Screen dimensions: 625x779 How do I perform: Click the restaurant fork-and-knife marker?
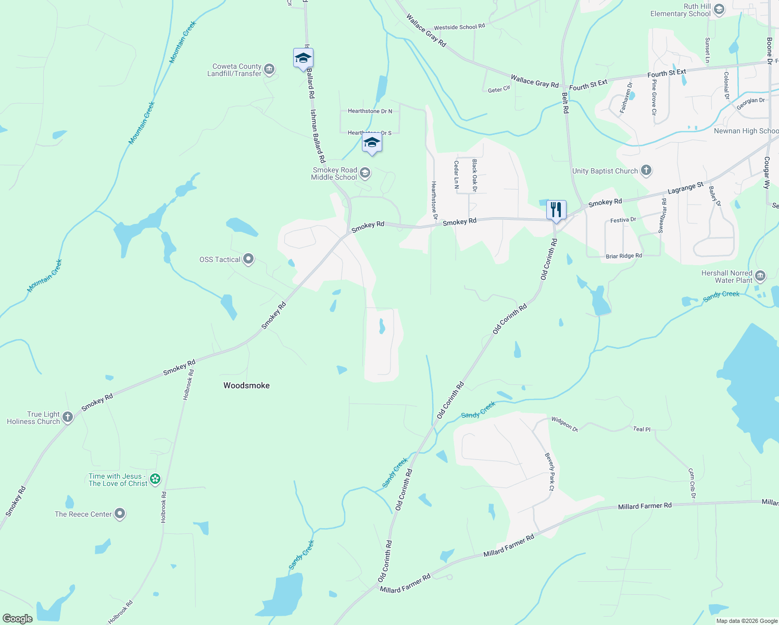(556, 210)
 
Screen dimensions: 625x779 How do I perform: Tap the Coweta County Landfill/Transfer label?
(234, 70)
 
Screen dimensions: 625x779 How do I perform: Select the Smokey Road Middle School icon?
(366, 173)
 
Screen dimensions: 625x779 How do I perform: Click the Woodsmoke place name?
(246, 385)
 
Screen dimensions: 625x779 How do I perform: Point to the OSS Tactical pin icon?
(248, 259)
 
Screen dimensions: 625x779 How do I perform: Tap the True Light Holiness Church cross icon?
(68, 417)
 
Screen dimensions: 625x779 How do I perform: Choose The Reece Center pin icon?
(120, 514)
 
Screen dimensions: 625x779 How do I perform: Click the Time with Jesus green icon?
(155, 479)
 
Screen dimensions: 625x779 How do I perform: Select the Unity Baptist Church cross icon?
(646, 170)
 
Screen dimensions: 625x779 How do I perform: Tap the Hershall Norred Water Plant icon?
(760, 276)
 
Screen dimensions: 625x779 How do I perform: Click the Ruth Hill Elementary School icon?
(719, 9)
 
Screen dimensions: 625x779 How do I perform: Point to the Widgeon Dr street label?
(564, 424)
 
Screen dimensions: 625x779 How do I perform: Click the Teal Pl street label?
(642, 429)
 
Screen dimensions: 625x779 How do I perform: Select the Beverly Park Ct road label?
(549, 471)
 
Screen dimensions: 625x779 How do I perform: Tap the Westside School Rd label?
(459, 27)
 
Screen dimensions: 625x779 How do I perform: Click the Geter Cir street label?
(499, 90)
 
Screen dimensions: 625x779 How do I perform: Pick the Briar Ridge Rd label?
(624, 256)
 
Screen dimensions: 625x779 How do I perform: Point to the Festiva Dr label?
(623, 220)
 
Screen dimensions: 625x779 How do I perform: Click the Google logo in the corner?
(18, 618)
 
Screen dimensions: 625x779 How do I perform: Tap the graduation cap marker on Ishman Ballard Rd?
(303, 58)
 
